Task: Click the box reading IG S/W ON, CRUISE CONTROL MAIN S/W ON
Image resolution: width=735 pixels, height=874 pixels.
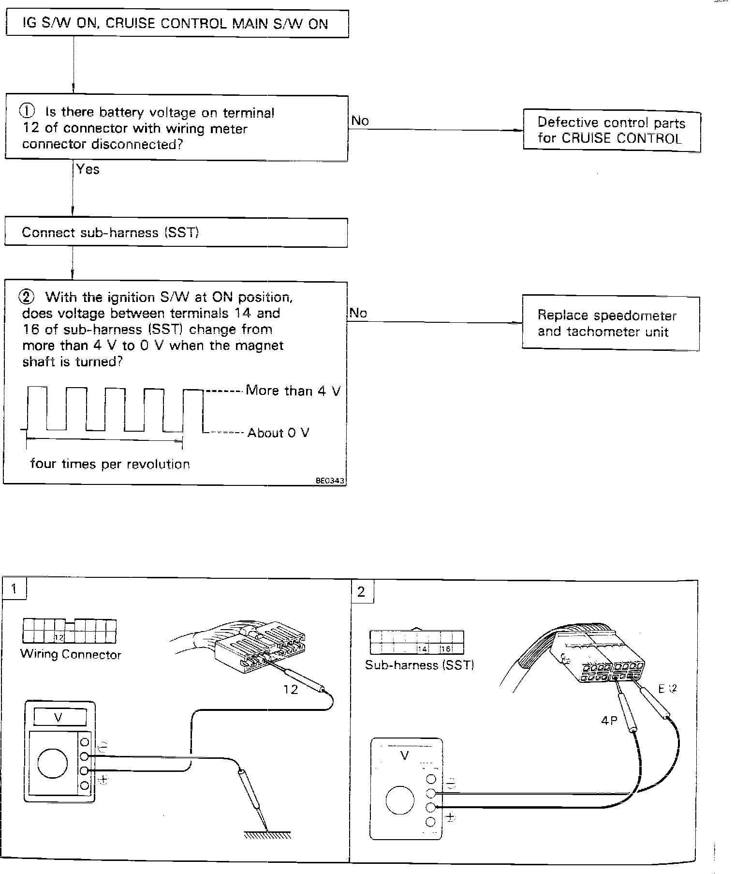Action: pyautogui.click(x=176, y=24)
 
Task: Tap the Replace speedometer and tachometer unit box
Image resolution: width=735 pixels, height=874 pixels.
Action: pyautogui.click(x=610, y=323)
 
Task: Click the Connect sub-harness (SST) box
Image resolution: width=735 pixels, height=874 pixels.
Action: pyautogui.click(x=176, y=233)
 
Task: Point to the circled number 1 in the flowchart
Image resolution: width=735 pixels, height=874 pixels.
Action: pyautogui.click(x=27, y=112)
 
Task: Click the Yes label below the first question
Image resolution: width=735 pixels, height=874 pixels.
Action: pyautogui.click(x=88, y=169)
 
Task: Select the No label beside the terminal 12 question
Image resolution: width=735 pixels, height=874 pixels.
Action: pyautogui.click(x=360, y=121)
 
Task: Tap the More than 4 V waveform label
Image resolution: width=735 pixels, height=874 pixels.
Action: pyautogui.click(x=293, y=391)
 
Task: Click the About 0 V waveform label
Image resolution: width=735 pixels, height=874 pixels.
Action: pyautogui.click(x=278, y=433)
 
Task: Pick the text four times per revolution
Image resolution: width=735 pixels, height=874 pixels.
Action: pyautogui.click(x=110, y=464)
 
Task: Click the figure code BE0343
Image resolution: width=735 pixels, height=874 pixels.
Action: pyautogui.click(x=330, y=481)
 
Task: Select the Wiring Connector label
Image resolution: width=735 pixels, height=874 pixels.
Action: pyautogui.click(x=71, y=655)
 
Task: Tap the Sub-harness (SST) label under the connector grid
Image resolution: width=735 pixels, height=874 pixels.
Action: pyautogui.click(x=419, y=665)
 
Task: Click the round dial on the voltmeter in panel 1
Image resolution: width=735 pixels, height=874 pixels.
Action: pyautogui.click(x=52, y=764)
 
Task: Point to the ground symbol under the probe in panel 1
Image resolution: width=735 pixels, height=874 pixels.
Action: pyautogui.click(x=267, y=835)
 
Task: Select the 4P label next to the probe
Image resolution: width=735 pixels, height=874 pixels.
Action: pyautogui.click(x=609, y=721)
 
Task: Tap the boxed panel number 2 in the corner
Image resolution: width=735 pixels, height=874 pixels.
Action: pyautogui.click(x=361, y=591)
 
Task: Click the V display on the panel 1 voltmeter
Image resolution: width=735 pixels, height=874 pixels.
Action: pyautogui.click(x=58, y=717)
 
